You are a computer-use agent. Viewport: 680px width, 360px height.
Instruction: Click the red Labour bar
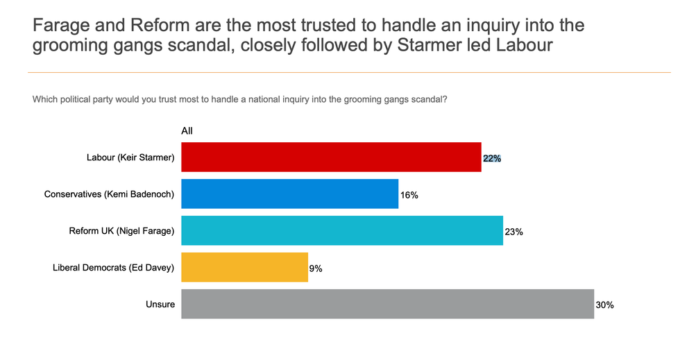click(331, 157)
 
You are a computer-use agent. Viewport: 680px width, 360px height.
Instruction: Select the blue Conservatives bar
click(289, 194)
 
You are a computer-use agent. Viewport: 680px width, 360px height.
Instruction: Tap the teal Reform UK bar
click(341, 230)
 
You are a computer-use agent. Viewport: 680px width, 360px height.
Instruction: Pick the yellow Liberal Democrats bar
click(244, 267)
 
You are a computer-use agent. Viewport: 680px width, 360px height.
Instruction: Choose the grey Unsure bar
click(387, 304)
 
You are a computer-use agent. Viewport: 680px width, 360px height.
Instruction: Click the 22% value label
click(492, 158)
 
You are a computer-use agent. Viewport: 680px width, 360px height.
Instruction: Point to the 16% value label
click(409, 196)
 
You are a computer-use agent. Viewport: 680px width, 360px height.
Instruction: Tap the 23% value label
click(513, 232)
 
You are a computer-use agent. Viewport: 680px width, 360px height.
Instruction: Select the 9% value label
click(316, 268)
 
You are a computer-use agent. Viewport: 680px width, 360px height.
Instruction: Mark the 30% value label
click(604, 305)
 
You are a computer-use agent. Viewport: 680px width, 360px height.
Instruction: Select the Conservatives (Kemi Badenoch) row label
click(109, 194)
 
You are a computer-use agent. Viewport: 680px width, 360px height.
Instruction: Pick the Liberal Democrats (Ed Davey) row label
click(114, 267)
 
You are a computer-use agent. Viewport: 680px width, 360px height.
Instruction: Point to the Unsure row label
click(160, 304)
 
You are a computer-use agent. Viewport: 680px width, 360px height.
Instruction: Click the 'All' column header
click(187, 130)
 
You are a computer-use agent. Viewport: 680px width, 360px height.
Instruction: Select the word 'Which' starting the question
click(45, 99)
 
